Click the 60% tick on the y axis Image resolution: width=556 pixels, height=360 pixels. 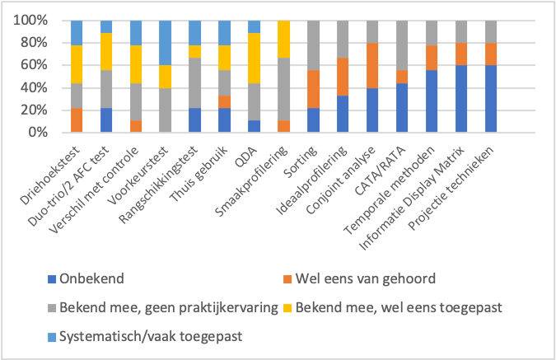(30, 65)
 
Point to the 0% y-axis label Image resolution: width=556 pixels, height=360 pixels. (38, 133)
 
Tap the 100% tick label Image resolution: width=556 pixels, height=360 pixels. (30, 21)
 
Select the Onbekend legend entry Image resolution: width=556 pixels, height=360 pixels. (86, 278)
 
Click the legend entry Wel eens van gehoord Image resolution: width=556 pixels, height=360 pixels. (360, 278)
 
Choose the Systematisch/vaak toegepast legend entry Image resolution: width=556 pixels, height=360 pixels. (145, 336)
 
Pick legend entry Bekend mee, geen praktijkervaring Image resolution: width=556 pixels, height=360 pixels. (163, 307)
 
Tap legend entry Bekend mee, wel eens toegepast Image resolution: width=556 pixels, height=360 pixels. (393, 307)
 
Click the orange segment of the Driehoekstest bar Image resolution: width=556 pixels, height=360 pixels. (77, 120)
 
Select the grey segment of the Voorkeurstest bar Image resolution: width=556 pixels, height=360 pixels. (166, 110)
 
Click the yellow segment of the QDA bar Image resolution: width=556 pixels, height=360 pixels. (254, 58)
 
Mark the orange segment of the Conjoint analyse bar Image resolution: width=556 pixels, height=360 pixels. (372, 65)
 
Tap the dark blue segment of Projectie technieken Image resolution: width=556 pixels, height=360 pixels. (491, 99)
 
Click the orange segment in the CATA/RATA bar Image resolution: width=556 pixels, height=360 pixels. (402, 77)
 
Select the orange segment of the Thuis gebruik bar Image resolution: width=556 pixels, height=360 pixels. (224, 102)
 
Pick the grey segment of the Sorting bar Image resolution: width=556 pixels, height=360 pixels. (314, 45)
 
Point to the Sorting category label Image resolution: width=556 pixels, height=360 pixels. (301, 162)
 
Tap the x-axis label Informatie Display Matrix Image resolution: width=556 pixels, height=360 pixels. (411, 198)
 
